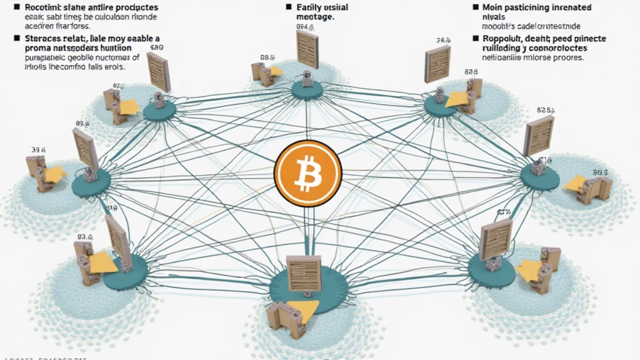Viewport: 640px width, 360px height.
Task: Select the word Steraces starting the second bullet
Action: (x=32, y=38)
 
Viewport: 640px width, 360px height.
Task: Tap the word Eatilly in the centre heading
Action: (x=312, y=7)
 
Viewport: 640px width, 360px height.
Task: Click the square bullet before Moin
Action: (x=476, y=7)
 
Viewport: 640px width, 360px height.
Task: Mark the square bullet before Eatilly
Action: (x=289, y=7)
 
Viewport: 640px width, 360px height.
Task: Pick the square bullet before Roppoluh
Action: (x=476, y=38)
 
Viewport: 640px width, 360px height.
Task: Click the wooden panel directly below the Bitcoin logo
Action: (x=303, y=273)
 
